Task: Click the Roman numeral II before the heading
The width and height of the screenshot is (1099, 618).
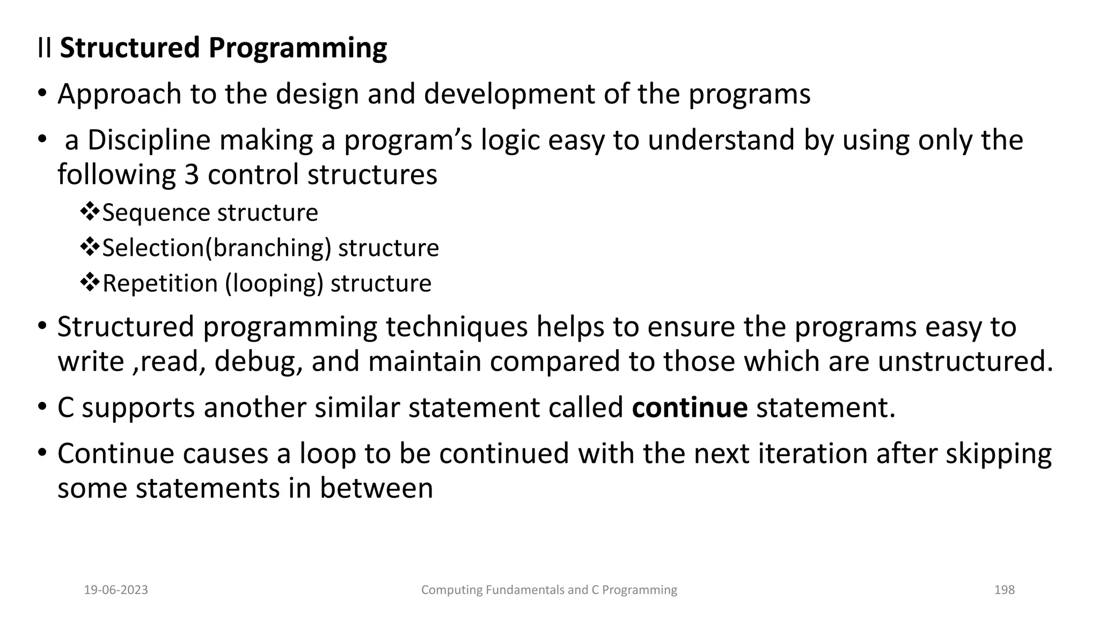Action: [45, 48]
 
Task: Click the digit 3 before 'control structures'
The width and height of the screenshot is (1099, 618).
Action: [192, 175]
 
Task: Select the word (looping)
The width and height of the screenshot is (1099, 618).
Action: [274, 284]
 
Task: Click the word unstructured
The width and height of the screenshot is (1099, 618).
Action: [965, 362]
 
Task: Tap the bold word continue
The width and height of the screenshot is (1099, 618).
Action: [690, 408]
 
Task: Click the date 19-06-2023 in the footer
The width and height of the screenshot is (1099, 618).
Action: [116, 590]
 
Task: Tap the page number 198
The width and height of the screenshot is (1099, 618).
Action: [1004, 590]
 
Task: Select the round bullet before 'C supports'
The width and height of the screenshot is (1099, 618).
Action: [42, 408]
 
